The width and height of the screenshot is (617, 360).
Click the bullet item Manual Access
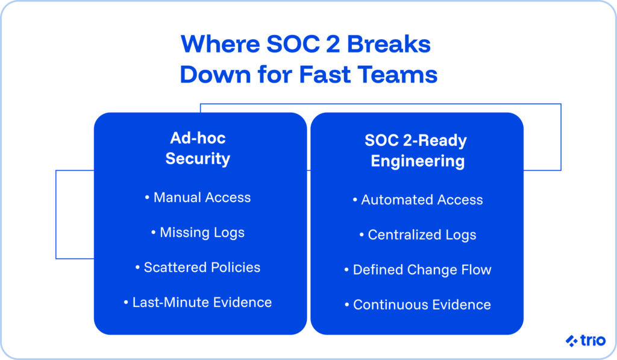pos(198,197)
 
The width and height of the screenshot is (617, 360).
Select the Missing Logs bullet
pos(198,232)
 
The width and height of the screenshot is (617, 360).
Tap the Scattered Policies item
pos(198,267)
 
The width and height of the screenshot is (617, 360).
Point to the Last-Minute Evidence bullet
pos(198,302)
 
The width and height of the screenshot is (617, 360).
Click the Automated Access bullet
pos(418,200)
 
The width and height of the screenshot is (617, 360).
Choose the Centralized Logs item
pos(418,235)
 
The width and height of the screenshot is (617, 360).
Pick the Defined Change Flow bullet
pos(418,270)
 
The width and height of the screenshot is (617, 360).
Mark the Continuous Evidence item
pos(418,305)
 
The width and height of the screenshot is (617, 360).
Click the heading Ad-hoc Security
pos(198,148)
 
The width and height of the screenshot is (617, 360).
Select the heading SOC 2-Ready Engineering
pos(417,151)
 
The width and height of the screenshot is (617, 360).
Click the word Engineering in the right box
pos(417,161)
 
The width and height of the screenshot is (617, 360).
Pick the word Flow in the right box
pos(477,270)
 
